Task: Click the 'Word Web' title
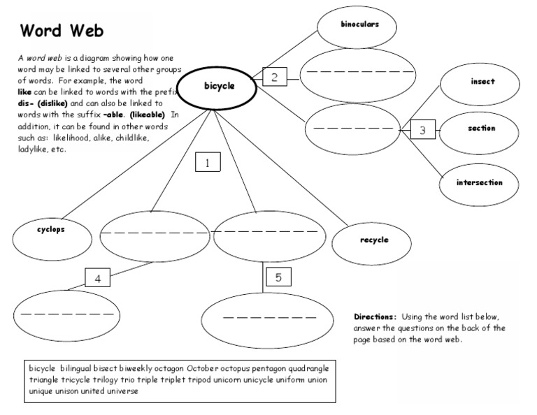(x=62, y=31)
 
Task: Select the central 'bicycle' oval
(x=219, y=87)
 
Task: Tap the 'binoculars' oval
(x=359, y=24)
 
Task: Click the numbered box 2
(x=275, y=78)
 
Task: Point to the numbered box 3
(x=422, y=129)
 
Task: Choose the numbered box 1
(x=208, y=163)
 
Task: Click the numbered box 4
(x=98, y=278)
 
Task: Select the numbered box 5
(x=278, y=277)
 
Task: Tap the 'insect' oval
(x=482, y=82)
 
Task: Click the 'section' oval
(x=482, y=129)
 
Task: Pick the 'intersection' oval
(x=480, y=183)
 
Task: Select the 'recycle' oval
(x=374, y=240)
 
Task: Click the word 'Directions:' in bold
(x=375, y=316)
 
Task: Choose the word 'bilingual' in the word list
(x=78, y=368)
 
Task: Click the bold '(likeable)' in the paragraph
(x=147, y=115)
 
